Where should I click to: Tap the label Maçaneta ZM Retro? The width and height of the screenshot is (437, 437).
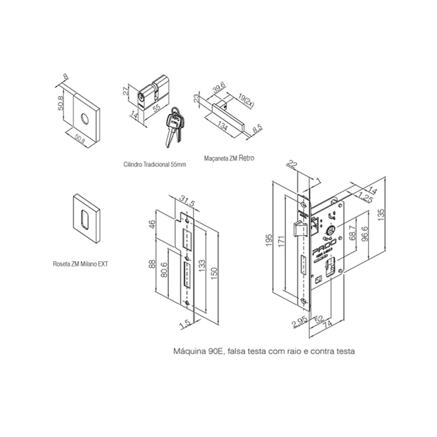pyautogui.click(x=228, y=158)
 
